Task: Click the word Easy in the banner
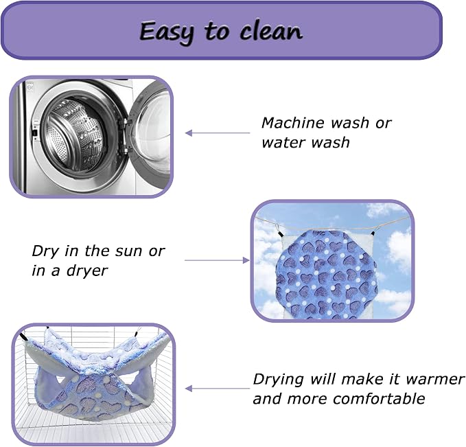pyautogui.click(x=166, y=32)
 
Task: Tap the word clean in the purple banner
pyautogui.click(x=271, y=31)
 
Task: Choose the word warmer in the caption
pyautogui.click(x=435, y=380)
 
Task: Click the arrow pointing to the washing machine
pyautogui.click(x=218, y=133)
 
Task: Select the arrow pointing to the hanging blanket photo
pyautogui.click(x=217, y=260)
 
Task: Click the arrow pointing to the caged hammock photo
pyautogui.click(x=218, y=389)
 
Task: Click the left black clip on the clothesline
pyautogui.click(x=279, y=233)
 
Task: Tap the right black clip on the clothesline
pyautogui.click(x=374, y=231)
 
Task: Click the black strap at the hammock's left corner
pyautogui.click(x=25, y=338)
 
